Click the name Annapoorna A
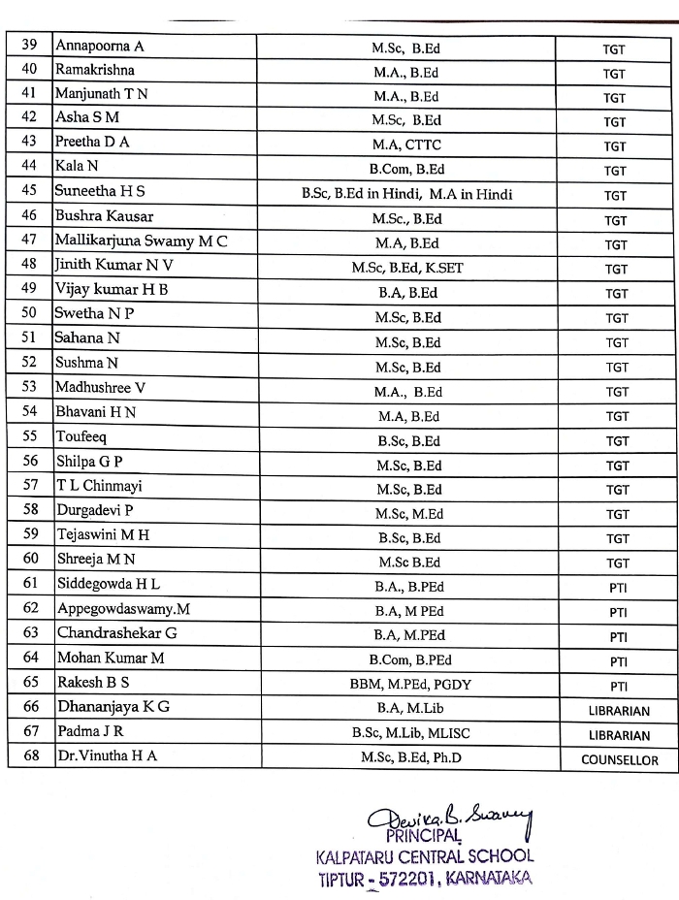(99, 46)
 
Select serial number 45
(30, 192)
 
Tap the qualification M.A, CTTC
(407, 145)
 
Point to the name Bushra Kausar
(104, 216)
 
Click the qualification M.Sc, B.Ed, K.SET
(407, 268)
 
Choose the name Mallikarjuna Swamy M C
(141, 241)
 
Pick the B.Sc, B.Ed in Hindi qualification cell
(407, 194)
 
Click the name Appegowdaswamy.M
(123, 608)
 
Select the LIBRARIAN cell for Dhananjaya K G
(619, 710)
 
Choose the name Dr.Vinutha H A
(107, 756)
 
